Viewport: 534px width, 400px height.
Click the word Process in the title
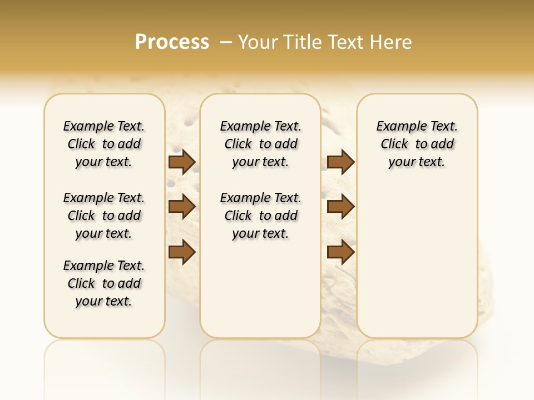tap(172, 42)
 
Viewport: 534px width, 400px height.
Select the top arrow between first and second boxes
tap(182, 162)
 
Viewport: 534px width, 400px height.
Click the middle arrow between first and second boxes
tap(182, 207)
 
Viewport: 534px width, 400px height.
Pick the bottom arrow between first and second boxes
tap(182, 252)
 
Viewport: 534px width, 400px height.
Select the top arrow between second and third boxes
tap(340, 162)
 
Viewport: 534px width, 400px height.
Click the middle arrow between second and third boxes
tap(340, 207)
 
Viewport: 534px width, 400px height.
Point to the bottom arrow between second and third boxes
tap(340, 252)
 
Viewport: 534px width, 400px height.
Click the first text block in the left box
tap(104, 144)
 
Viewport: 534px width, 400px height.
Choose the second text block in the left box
tap(104, 216)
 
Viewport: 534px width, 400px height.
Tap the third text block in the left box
tap(104, 283)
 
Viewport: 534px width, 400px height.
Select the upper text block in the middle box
tap(261, 144)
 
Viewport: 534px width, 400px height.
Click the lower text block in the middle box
tap(261, 216)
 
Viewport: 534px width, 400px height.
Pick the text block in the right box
tap(417, 144)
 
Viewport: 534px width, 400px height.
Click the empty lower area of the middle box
tap(261, 289)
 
